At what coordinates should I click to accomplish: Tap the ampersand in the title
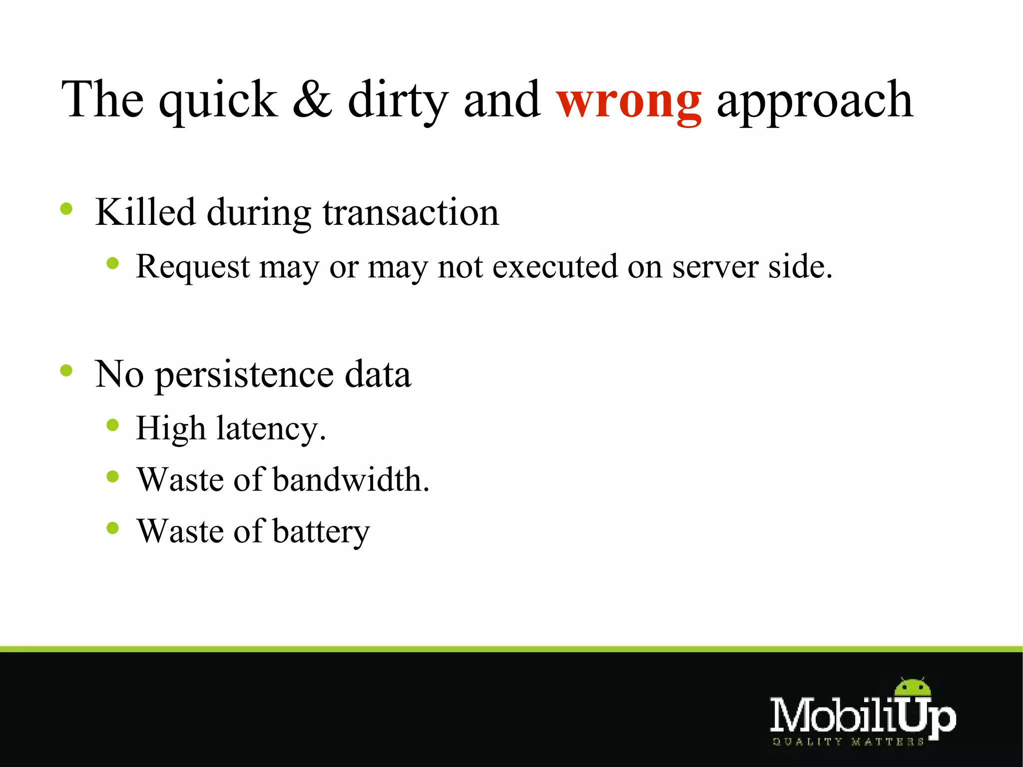click(x=312, y=100)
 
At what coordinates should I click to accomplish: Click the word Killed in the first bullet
click(x=145, y=212)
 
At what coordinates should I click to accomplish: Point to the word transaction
click(x=411, y=213)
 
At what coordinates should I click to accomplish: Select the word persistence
click(x=244, y=375)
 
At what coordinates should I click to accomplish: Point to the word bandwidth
click(x=351, y=480)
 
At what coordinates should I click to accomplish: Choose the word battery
click(x=321, y=531)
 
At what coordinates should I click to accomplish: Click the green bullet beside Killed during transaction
click(x=66, y=208)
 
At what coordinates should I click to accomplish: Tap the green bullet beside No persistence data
click(x=66, y=370)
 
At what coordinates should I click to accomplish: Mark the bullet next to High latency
click(x=113, y=425)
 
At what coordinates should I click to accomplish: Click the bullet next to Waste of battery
click(x=113, y=528)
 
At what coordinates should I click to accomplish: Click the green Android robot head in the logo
click(x=913, y=688)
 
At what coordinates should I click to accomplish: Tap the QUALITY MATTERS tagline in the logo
click(x=848, y=742)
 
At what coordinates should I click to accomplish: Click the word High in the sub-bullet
click(x=171, y=429)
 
